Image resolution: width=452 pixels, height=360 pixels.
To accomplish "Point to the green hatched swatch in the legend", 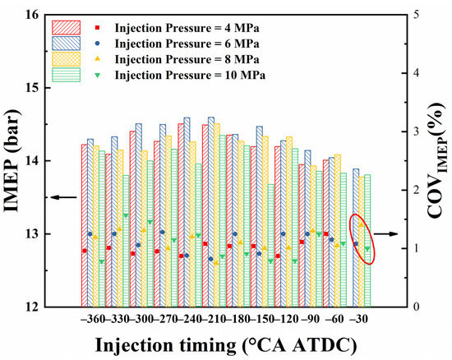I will (x=67, y=75).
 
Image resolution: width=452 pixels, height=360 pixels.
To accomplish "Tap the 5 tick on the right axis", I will (x=417, y=15).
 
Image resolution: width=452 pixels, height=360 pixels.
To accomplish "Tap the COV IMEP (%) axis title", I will (x=437, y=160).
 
